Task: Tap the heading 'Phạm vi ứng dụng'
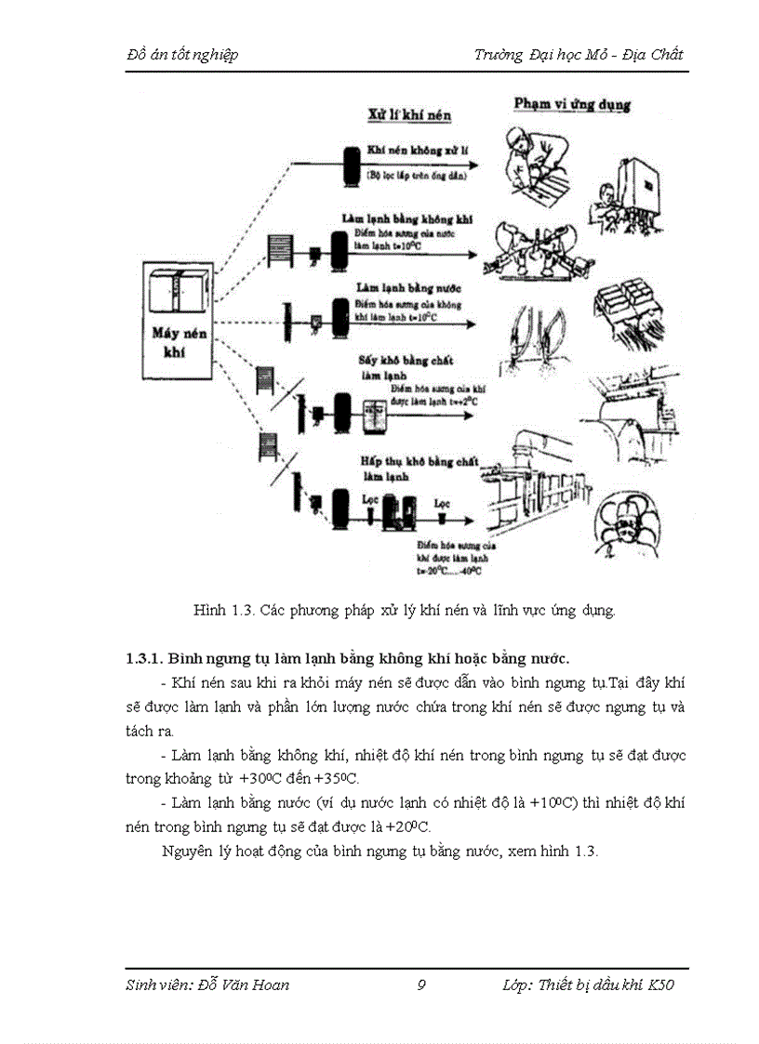coord(572,103)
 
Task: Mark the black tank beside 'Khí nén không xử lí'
coord(352,165)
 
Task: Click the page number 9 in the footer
coord(421,985)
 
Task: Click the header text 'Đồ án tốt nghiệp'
coord(182,54)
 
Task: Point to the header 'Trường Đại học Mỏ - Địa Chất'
coord(578,54)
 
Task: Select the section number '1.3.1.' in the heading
coord(145,659)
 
